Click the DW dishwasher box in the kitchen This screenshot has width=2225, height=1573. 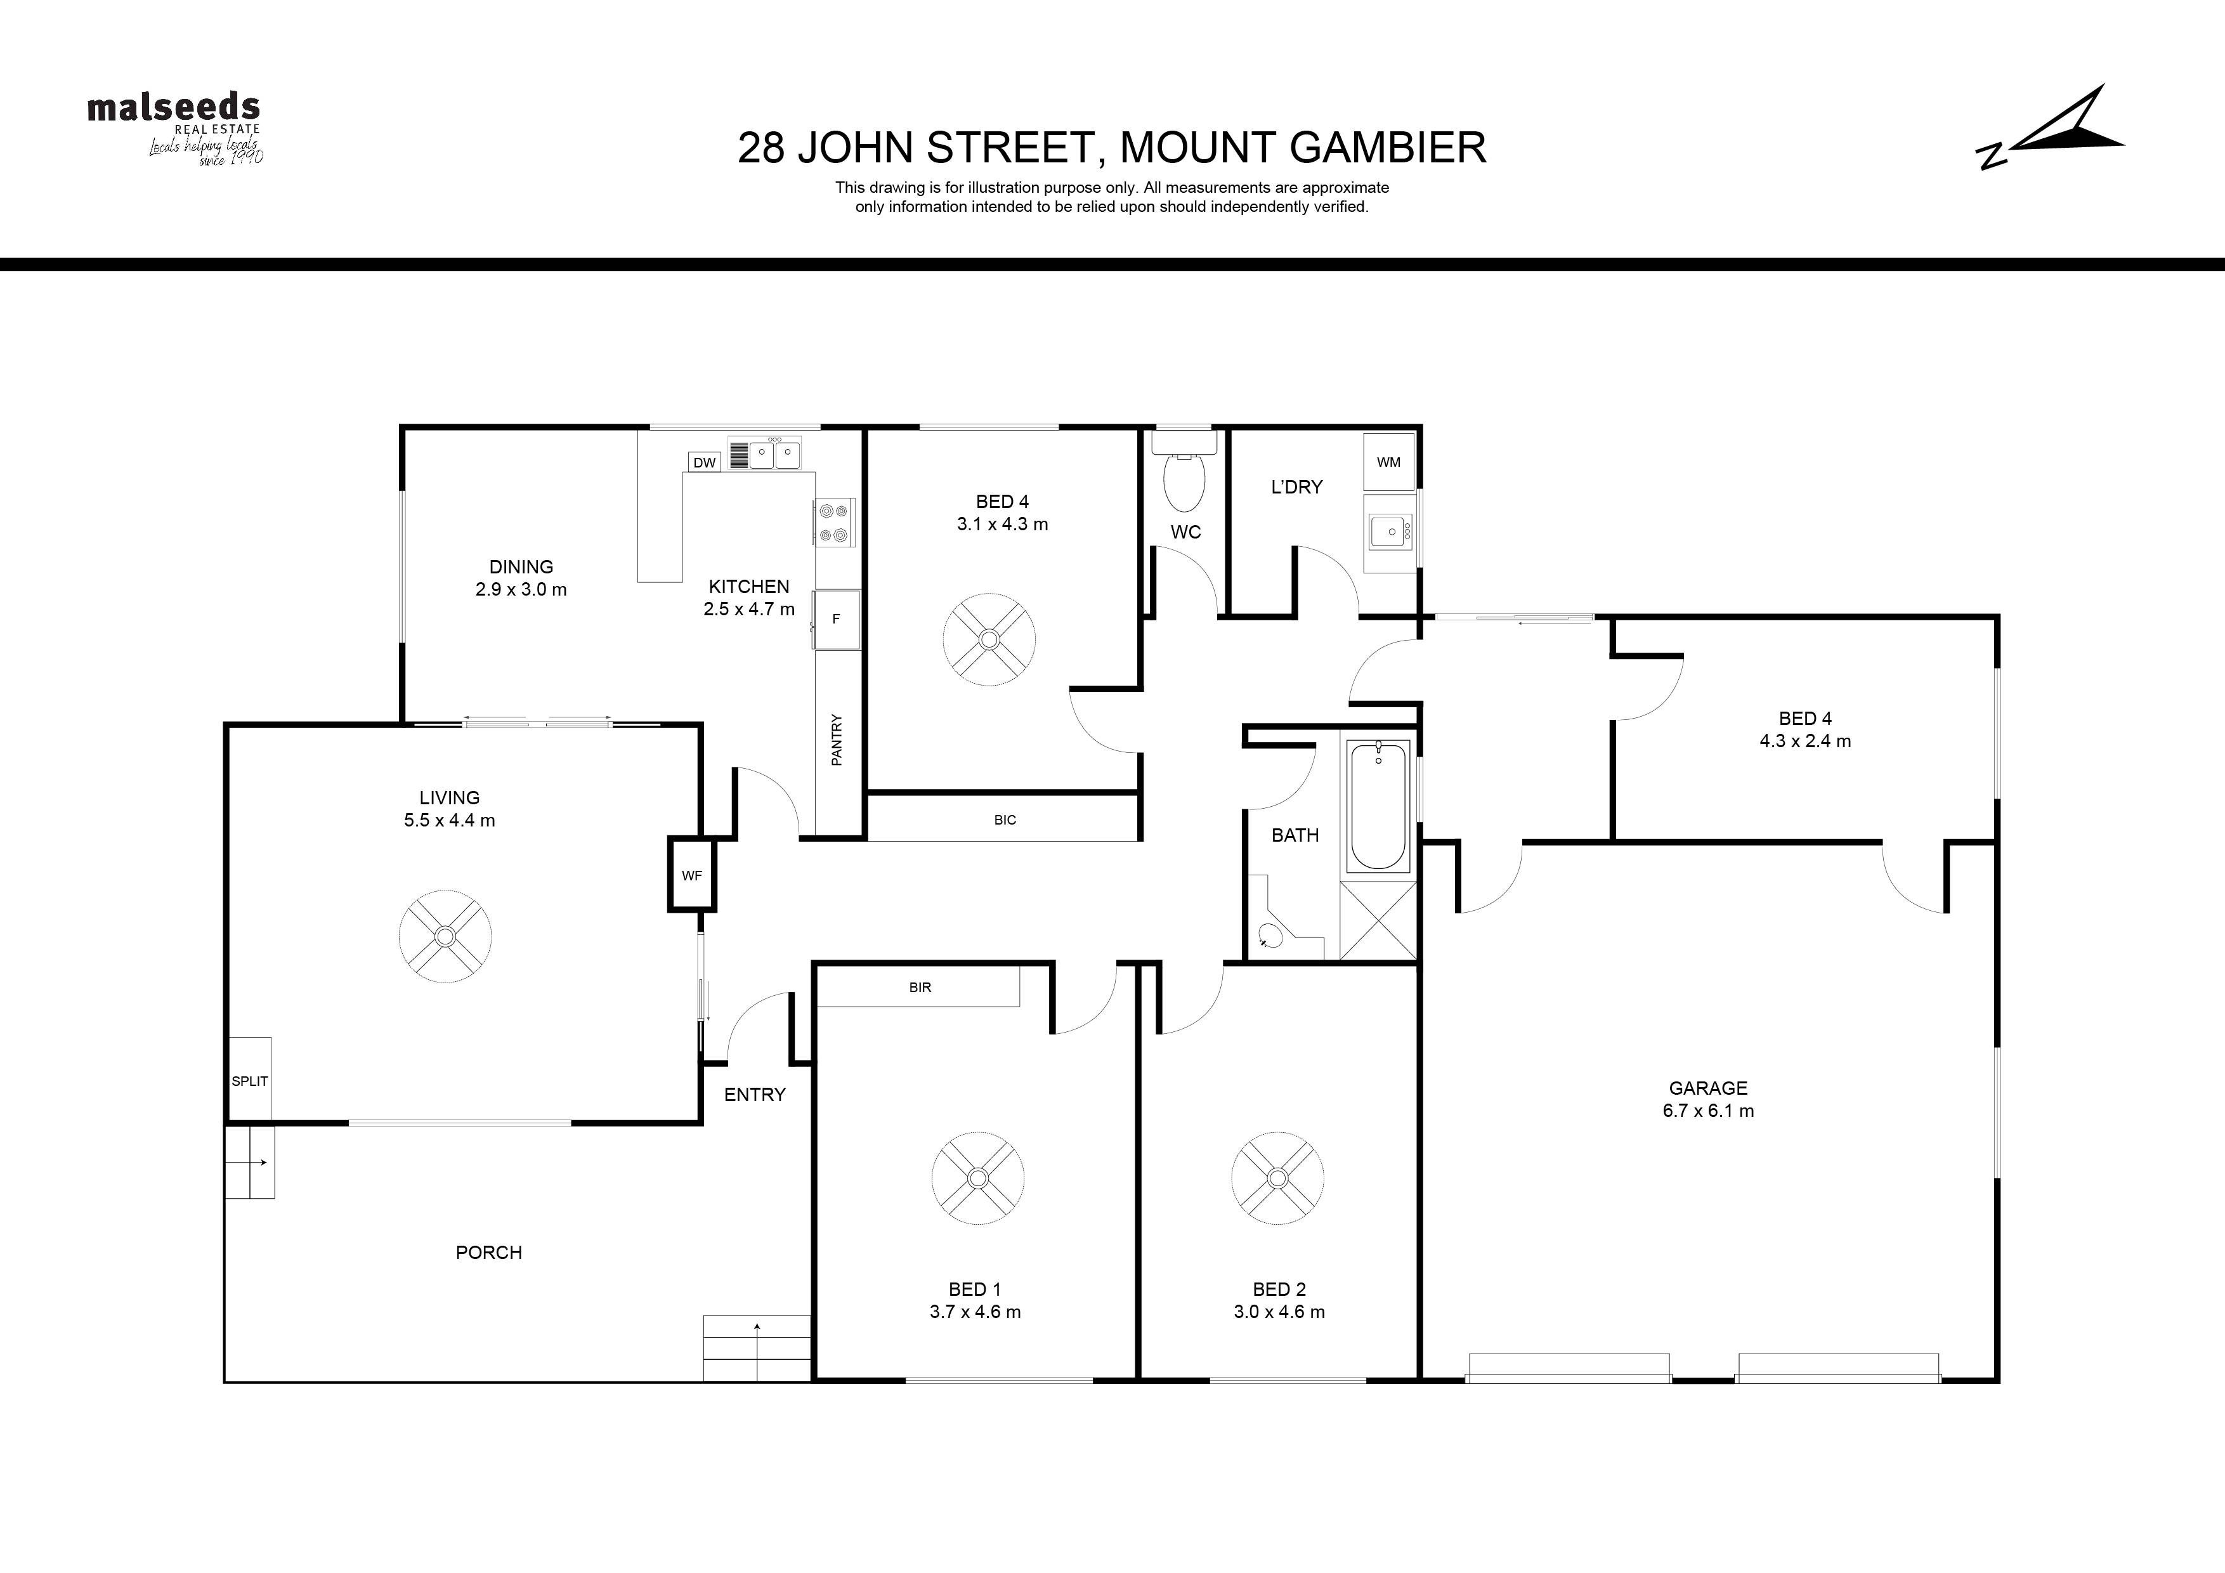705,462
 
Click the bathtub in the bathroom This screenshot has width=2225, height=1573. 1378,806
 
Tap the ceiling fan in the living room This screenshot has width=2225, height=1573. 445,936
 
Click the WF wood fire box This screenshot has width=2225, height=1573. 692,875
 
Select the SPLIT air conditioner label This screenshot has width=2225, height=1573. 249,1081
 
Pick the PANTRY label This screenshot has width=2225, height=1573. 837,740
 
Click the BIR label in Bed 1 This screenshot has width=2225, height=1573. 920,988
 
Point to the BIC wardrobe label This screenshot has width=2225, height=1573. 1005,820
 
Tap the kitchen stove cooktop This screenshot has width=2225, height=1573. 833,521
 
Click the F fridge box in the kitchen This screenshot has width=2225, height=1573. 837,619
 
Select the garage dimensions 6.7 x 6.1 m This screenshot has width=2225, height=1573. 1709,1111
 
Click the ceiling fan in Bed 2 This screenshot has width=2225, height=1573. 1277,1178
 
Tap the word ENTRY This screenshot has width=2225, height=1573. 755,1094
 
